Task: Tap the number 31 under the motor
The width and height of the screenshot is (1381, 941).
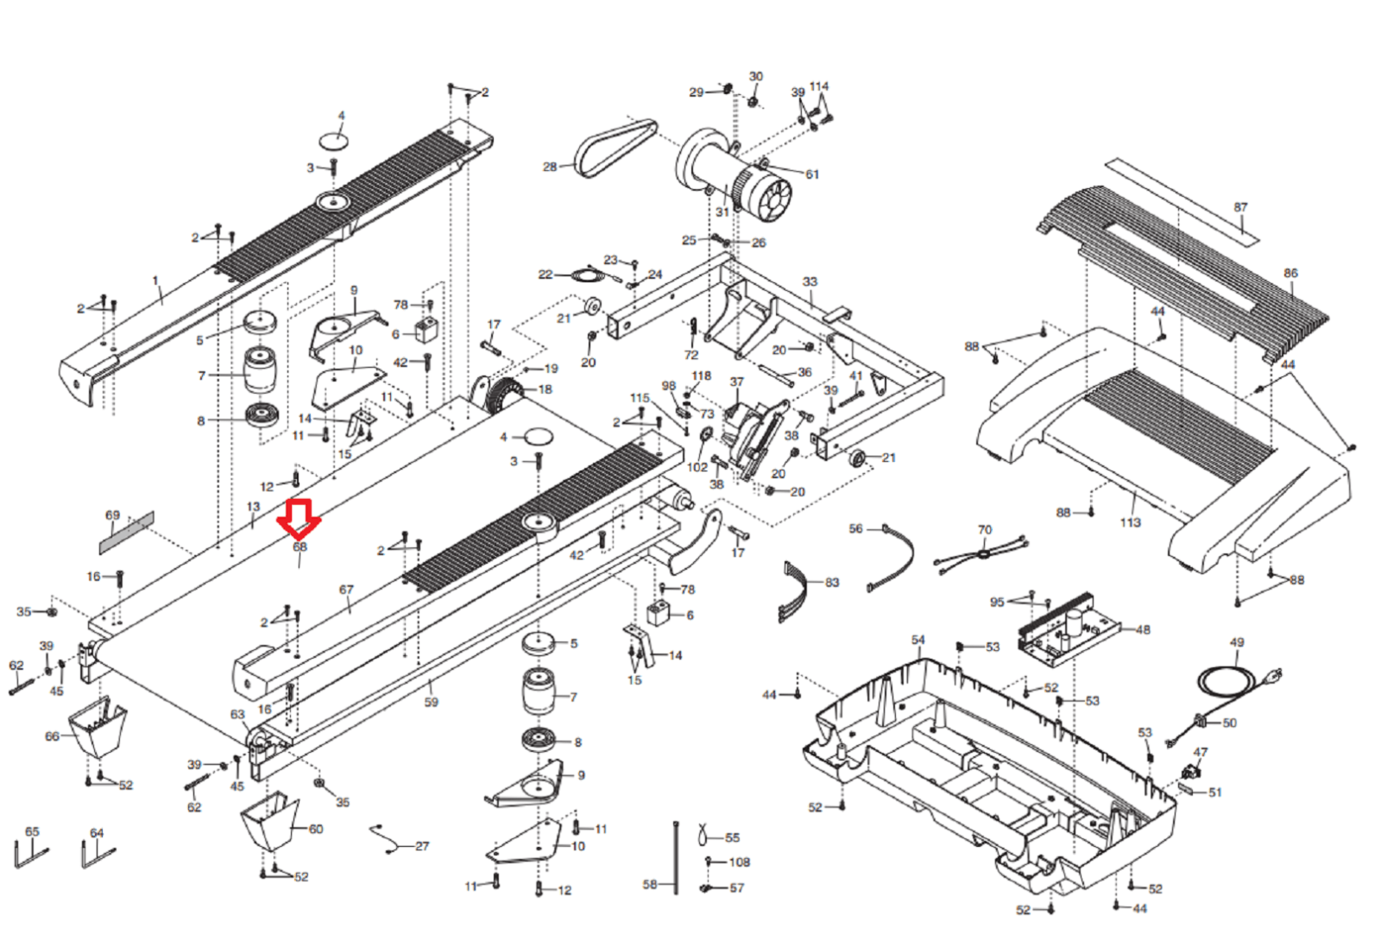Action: pyautogui.click(x=722, y=212)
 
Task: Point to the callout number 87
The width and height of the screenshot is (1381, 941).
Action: pyautogui.click(x=1240, y=208)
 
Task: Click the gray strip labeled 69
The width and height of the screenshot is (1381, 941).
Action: pyautogui.click(x=127, y=532)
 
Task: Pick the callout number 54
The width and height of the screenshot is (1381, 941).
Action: pyautogui.click(x=918, y=640)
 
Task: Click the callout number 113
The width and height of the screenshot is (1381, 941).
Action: pyautogui.click(x=1130, y=523)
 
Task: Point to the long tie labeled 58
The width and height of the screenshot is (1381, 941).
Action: pyautogui.click(x=676, y=858)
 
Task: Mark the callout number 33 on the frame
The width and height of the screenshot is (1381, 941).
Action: pyautogui.click(x=810, y=281)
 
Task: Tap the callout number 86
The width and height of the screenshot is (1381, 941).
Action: pyautogui.click(x=1290, y=273)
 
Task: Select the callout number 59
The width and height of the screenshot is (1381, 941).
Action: pyautogui.click(x=431, y=703)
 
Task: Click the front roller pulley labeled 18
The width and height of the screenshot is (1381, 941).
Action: pyautogui.click(x=502, y=395)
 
